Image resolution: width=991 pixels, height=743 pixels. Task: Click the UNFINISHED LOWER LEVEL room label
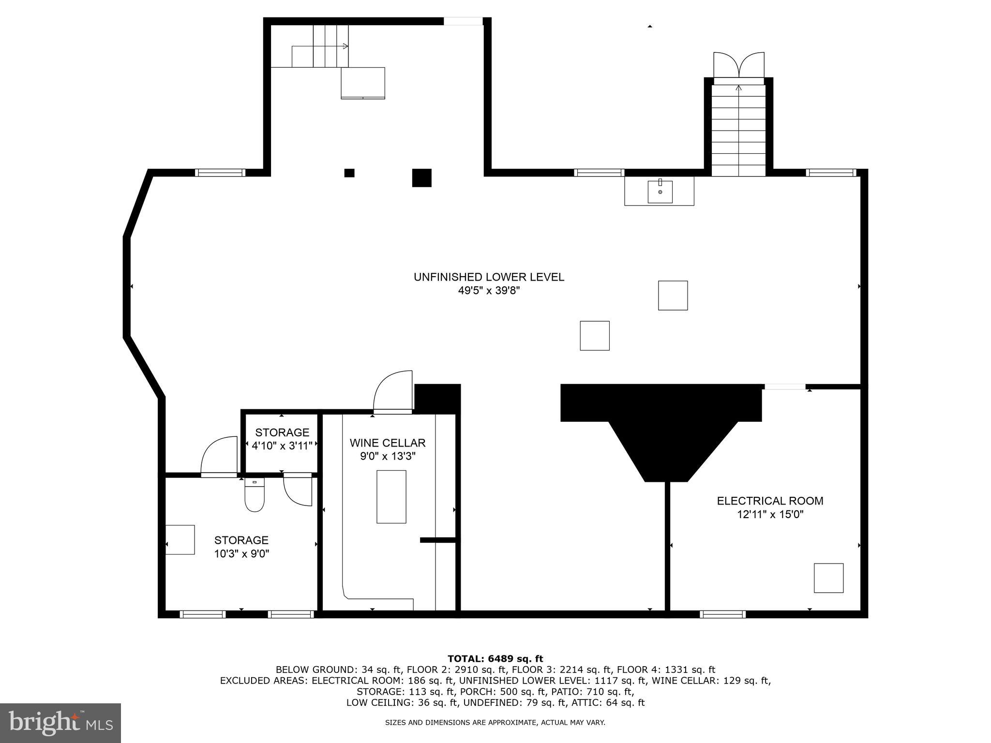point(489,277)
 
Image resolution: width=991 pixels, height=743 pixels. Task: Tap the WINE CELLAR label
point(388,443)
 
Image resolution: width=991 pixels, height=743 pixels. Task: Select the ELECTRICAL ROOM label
point(770,501)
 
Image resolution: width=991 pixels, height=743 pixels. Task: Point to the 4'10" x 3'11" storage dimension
point(282,446)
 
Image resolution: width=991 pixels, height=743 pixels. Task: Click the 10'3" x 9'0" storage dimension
point(241,553)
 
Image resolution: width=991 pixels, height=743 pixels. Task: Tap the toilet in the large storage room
point(255,496)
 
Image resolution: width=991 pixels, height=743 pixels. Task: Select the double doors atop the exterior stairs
point(739,65)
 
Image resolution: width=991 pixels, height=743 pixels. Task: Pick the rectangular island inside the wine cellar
point(391,496)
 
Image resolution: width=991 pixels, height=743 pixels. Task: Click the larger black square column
point(421,178)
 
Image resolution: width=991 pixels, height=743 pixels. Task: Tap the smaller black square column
point(349,173)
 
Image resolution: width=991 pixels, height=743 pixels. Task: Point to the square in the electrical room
point(828,578)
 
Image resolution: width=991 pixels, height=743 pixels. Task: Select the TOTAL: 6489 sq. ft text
point(495,658)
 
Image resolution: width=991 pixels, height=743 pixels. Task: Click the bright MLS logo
point(60,723)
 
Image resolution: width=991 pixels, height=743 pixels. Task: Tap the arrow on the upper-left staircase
point(345,46)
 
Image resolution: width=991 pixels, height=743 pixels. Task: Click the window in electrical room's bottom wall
point(722,614)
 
